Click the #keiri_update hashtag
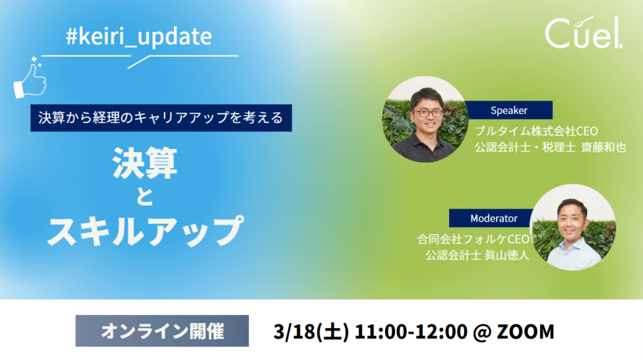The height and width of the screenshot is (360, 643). pos(139,36)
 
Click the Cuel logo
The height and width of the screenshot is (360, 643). pos(583,33)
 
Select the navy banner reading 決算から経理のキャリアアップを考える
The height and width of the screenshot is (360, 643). pos(161,118)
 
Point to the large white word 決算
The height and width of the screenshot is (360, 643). pos(145,163)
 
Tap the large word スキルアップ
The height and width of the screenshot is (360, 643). pos(146,231)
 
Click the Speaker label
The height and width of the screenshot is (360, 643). pos(509,110)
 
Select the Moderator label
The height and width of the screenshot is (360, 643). pos(494,218)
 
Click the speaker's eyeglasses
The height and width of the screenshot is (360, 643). pos(428,112)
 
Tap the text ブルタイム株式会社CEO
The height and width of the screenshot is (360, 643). pos(536,131)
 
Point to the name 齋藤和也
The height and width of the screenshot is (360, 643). pos(603,147)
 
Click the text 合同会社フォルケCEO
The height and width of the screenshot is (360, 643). pos(473,239)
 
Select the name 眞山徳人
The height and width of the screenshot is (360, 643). pos(507,255)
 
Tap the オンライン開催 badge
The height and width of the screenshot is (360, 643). pos(162,331)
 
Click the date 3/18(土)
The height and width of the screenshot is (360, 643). pos(311,331)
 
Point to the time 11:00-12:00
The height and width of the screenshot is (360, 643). pos(411,331)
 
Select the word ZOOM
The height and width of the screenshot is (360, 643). pos(526,331)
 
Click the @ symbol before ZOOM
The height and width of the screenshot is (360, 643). pos(482,332)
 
